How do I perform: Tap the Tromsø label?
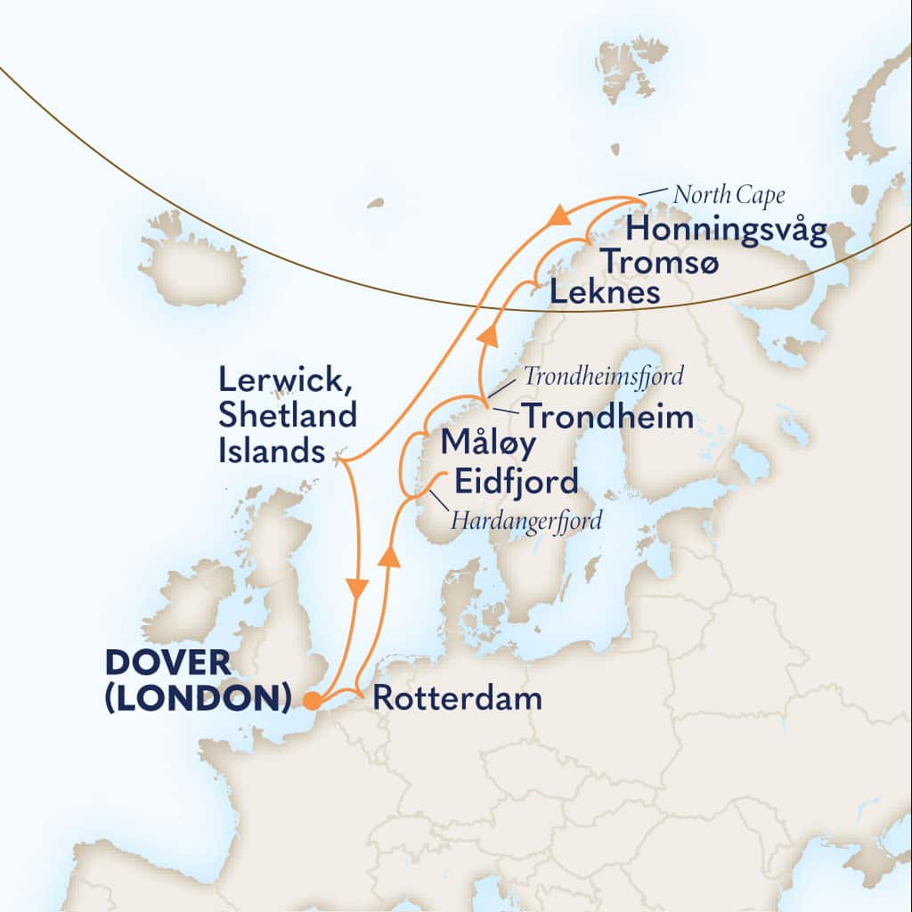[x=657, y=263]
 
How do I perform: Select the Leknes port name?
[x=604, y=292]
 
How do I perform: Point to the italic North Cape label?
[x=729, y=194]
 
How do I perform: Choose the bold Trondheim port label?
[x=607, y=416]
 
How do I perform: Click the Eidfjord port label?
[x=516, y=482]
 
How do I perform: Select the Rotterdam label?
[x=457, y=698]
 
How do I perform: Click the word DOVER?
[x=167, y=664]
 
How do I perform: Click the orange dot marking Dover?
[x=313, y=701]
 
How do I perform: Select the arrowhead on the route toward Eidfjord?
[x=387, y=556]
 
